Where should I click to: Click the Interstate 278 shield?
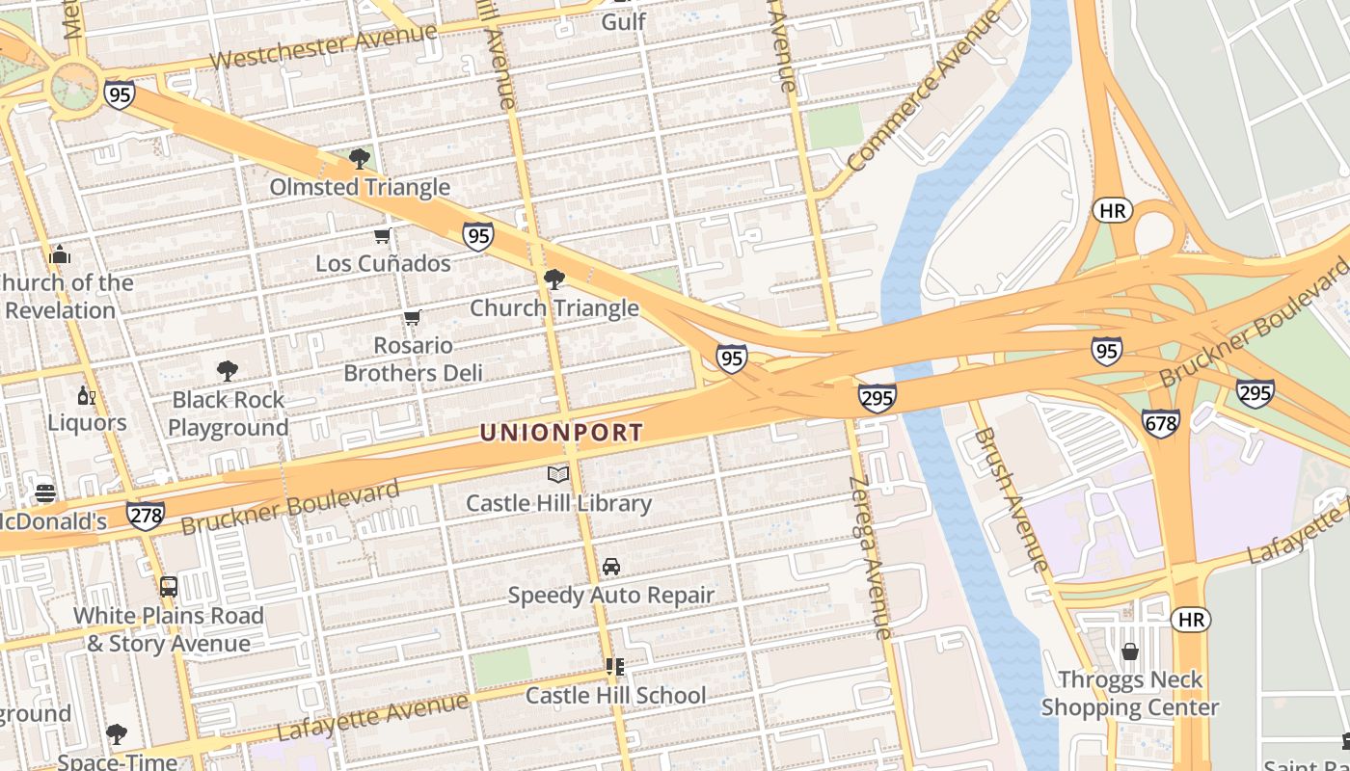tap(145, 516)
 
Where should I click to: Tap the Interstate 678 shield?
tap(1160, 423)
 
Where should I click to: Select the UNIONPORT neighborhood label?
tap(561, 433)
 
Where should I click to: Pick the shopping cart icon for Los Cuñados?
tap(383, 236)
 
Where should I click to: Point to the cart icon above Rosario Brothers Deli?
tap(413, 317)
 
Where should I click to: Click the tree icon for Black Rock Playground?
tap(228, 371)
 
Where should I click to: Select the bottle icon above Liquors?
tap(86, 395)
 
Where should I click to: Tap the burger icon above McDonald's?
tap(45, 493)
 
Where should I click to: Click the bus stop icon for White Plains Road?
tap(169, 587)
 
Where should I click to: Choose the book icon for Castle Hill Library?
tap(558, 474)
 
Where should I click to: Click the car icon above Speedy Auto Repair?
tap(611, 567)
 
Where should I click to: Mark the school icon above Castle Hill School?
tap(615, 667)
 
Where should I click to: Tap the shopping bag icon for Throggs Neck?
tap(1130, 652)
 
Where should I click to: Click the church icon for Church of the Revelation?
tap(60, 254)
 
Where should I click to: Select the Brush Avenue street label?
tap(1010, 499)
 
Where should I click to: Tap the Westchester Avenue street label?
tap(323, 46)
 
